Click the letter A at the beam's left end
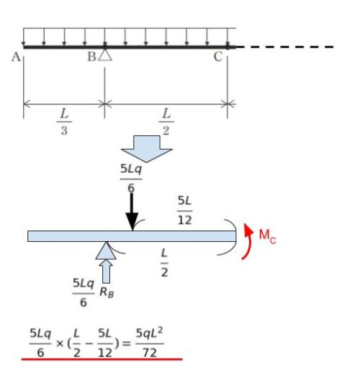point(16,58)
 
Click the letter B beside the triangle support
point(91,57)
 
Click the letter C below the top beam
point(218,57)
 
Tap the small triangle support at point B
point(105,55)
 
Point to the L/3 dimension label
point(64,122)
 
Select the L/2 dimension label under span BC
point(166,122)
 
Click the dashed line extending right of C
point(285,47)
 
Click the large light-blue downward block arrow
point(147,149)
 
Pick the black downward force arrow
point(132,212)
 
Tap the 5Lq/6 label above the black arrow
point(131,179)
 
